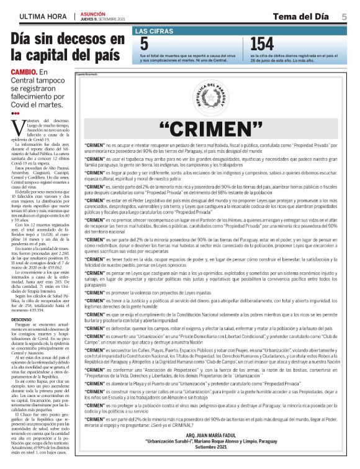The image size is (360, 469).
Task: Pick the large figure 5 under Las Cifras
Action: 144,44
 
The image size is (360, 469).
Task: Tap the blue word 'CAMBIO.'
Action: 24,73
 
